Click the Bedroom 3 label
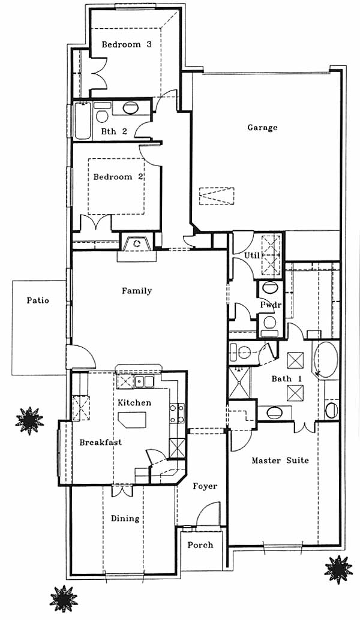[126, 44]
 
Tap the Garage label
[262, 127]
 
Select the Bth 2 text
[114, 131]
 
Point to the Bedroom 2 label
[118, 177]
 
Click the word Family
[136, 291]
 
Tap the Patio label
[38, 300]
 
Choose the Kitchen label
[134, 402]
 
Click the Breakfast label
[100, 442]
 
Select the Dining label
[125, 519]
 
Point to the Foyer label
[205, 486]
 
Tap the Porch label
[200, 545]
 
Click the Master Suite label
[280, 461]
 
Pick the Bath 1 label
[287, 379]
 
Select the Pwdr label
[271, 305]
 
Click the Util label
[251, 255]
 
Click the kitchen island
[132, 419]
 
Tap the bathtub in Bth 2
[83, 121]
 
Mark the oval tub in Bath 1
[326, 359]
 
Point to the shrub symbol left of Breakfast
[29, 421]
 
